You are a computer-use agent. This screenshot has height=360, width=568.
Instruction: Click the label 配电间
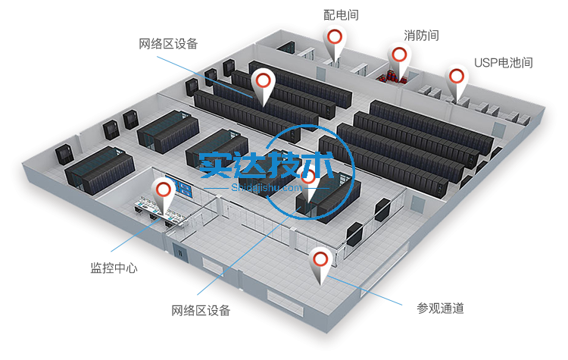[341, 15]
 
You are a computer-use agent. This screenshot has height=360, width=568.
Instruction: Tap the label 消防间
[421, 36]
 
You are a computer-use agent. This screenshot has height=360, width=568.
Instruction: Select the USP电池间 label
[504, 63]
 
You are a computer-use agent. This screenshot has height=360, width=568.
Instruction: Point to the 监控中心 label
[114, 268]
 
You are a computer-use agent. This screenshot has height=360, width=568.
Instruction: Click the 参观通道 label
[440, 308]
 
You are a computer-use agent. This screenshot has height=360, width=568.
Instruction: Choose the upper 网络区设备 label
[168, 44]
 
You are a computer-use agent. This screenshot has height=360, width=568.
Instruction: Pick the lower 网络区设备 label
[201, 310]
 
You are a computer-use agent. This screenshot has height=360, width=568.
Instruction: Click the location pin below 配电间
[334, 42]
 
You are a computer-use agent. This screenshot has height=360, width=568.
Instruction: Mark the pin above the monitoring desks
[163, 196]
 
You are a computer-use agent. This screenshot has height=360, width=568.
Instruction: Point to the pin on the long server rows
[263, 87]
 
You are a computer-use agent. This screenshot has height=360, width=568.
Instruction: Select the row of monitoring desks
[159, 212]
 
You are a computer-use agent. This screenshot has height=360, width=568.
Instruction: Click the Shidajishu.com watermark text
[267, 188]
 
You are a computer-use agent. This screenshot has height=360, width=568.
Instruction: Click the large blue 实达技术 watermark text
[267, 165]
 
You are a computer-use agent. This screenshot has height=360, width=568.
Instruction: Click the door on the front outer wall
[179, 252]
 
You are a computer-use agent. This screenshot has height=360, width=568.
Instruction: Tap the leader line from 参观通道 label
[364, 290]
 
